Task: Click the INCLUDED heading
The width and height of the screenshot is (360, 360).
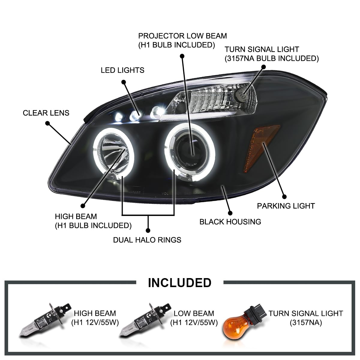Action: (x=179, y=283)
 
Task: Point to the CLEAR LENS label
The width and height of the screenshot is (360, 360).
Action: (x=46, y=113)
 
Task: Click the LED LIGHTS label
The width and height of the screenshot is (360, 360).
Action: (x=122, y=70)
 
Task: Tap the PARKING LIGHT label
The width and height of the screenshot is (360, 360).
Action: (x=286, y=206)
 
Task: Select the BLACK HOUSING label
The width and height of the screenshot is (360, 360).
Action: (x=230, y=222)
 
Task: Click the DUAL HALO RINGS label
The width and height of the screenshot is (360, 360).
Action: (x=147, y=240)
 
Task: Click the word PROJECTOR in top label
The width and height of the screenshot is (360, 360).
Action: (x=161, y=36)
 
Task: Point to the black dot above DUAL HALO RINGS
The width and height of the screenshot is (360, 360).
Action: (x=148, y=230)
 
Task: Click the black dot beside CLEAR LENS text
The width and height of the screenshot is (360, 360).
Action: (x=47, y=123)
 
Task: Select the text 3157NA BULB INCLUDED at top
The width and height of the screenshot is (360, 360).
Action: (x=272, y=58)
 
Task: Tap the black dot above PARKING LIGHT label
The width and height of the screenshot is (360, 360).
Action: (x=284, y=197)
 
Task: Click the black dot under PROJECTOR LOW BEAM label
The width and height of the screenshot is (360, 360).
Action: (x=182, y=56)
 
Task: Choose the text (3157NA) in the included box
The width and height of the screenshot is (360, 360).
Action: (x=305, y=323)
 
